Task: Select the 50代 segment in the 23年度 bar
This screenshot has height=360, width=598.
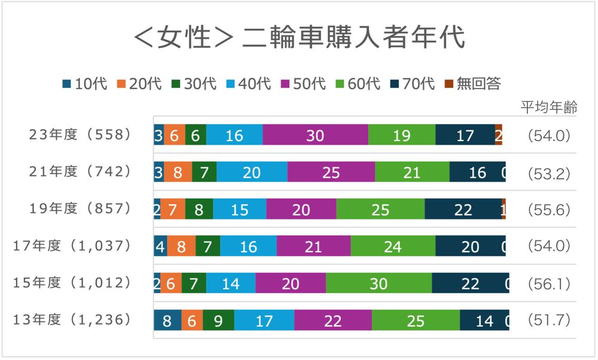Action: (315, 135)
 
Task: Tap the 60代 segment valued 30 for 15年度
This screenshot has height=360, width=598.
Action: (379, 283)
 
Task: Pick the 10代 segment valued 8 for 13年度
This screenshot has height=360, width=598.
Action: (167, 321)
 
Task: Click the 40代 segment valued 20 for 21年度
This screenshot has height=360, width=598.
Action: (252, 172)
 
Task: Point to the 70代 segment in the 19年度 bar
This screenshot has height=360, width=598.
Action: (463, 209)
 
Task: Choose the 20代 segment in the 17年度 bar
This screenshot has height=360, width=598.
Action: (181, 246)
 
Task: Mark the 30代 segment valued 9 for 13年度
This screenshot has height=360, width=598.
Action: (218, 321)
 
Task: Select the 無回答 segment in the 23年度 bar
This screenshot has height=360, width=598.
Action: (499, 135)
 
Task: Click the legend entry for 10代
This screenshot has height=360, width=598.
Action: (84, 84)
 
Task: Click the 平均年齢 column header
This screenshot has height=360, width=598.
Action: (549, 108)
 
